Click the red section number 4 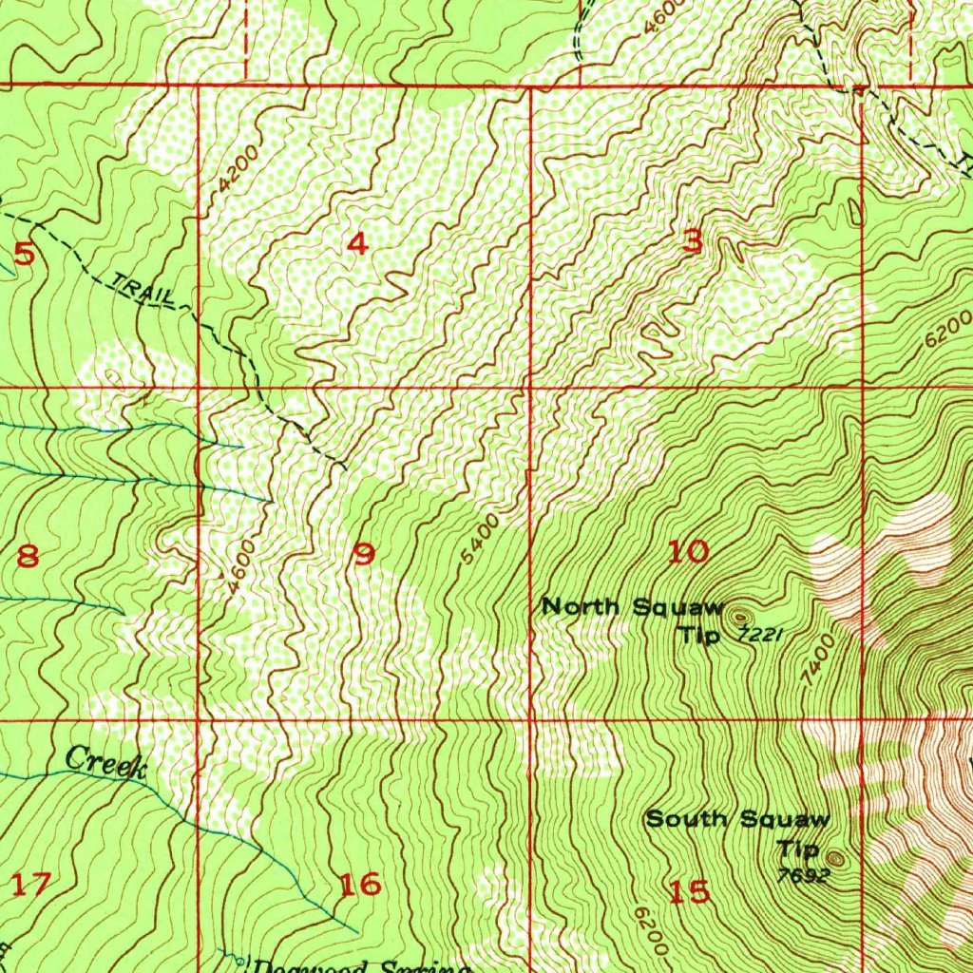[x=357, y=244]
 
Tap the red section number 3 [x=694, y=242]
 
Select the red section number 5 [x=25, y=254]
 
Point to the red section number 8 [x=28, y=556]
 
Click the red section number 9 [x=364, y=554]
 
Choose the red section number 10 [x=688, y=551]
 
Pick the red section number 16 [x=361, y=885]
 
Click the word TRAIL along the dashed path [x=143, y=290]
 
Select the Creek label [x=105, y=764]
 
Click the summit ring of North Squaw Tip [x=740, y=617]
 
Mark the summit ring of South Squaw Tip [x=834, y=857]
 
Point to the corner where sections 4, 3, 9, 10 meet [x=529, y=388]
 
